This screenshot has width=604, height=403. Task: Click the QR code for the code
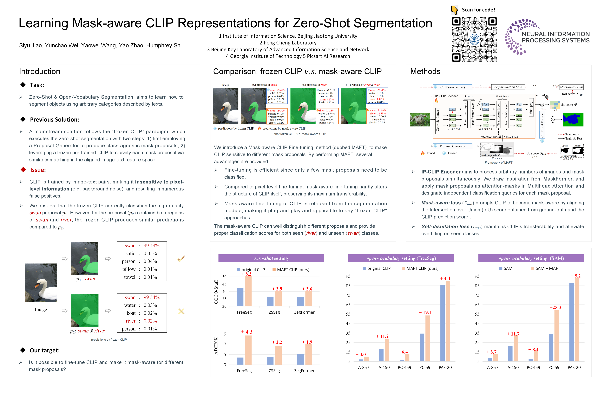click(474, 39)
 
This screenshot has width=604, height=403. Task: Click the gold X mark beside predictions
click(181, 311)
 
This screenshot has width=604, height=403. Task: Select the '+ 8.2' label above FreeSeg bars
click(246, 274)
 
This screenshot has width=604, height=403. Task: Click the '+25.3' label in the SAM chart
click(555, 307)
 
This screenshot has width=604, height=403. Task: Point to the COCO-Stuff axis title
click(216, 292)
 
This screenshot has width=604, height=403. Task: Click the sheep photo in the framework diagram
click(420, 120)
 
